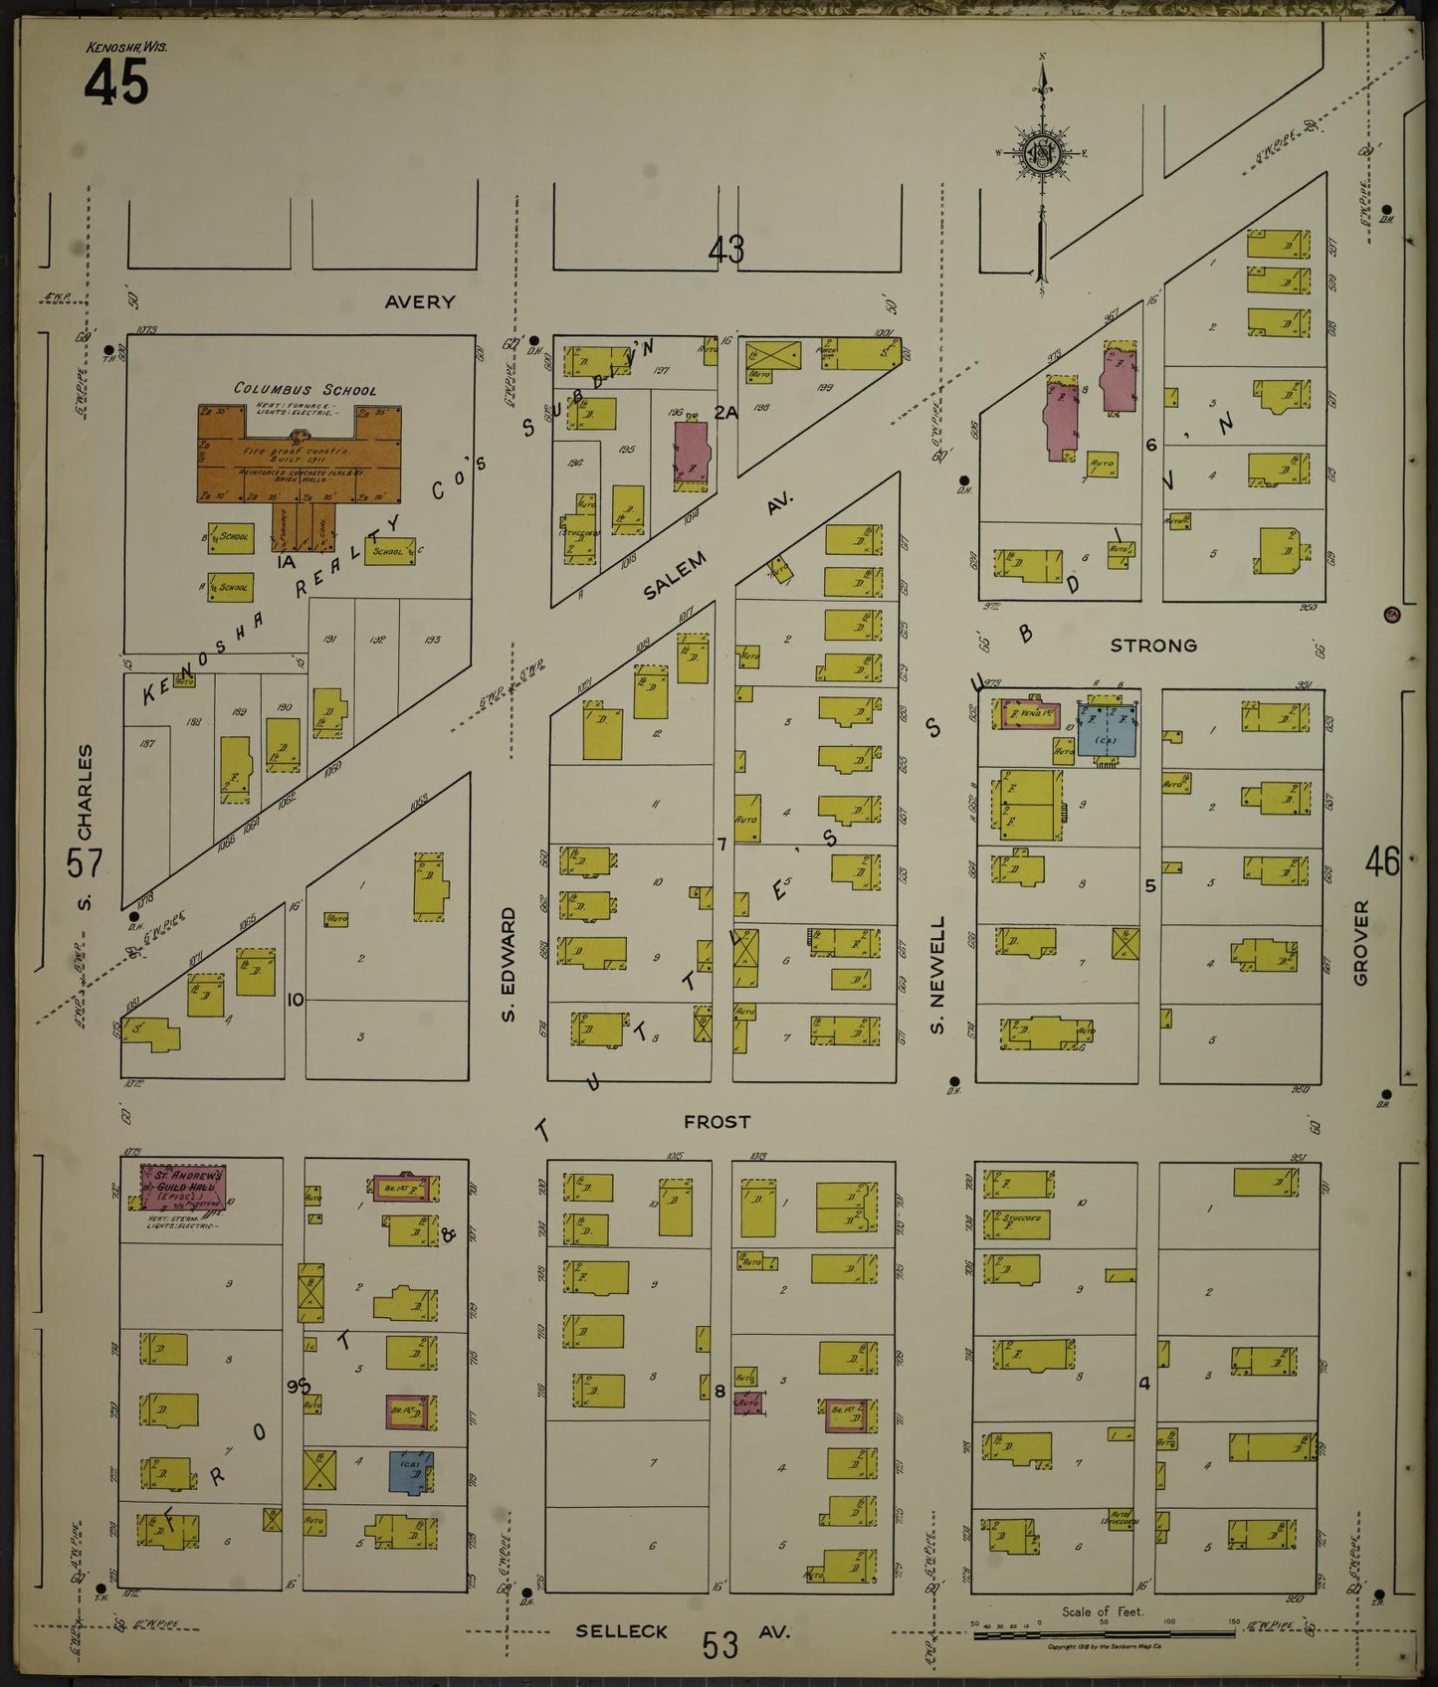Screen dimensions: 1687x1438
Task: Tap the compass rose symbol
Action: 1041,155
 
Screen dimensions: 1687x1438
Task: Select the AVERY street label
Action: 420,301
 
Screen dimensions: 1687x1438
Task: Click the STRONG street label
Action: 1153,646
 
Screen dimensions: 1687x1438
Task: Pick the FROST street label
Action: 717,1121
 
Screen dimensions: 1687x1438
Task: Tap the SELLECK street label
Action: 622,1631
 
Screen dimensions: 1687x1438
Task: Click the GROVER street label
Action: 1361,942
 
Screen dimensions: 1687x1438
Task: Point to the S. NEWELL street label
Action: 937,976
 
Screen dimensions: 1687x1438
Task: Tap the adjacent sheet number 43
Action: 726,250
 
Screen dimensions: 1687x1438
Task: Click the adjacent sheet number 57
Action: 84,862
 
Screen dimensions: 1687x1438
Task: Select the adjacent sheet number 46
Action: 1383,861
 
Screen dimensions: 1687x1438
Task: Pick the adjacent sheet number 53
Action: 719,1645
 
